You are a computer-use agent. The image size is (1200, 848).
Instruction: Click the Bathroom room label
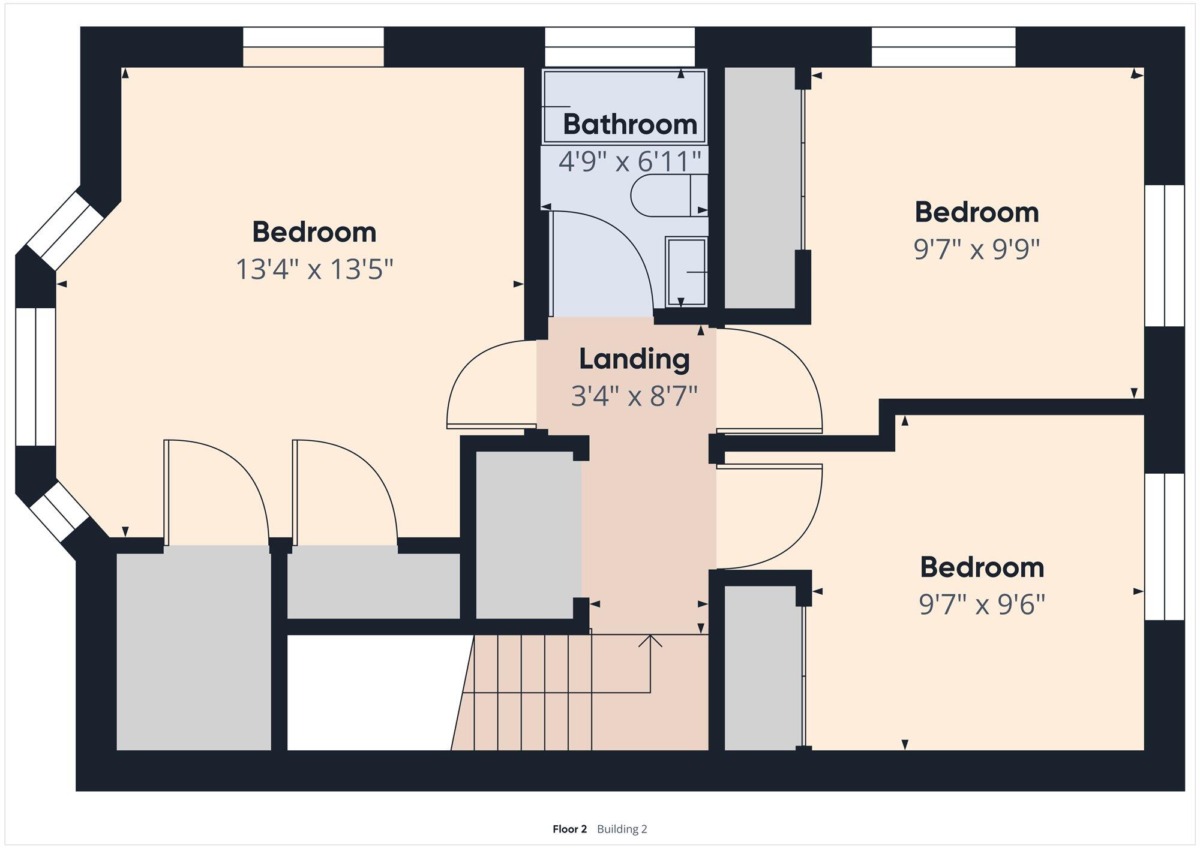coord(630,125)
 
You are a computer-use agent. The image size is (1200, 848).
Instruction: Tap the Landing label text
coord(634,359)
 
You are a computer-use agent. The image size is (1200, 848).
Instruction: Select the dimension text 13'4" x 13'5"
coord(314,269)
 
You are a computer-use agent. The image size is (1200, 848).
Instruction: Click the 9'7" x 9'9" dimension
coord(976,249)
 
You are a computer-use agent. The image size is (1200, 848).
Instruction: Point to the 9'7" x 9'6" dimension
coord(982,605)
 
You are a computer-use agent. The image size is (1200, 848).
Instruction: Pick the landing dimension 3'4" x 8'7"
coord(634,396)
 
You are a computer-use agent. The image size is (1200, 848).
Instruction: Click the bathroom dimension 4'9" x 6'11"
coord(630,161)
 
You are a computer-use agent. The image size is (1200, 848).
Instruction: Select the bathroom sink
coord(686,272)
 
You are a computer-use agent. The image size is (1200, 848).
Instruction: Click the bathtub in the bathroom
coord(624,107)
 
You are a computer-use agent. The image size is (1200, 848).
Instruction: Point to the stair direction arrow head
coord(650,640)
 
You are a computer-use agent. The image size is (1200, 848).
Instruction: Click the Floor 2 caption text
coord(569,829)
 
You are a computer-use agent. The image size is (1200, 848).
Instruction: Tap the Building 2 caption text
coord(622,829)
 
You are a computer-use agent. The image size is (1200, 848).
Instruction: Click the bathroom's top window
coord(620,47)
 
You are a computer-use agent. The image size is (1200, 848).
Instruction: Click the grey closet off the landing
coord(528,535)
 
